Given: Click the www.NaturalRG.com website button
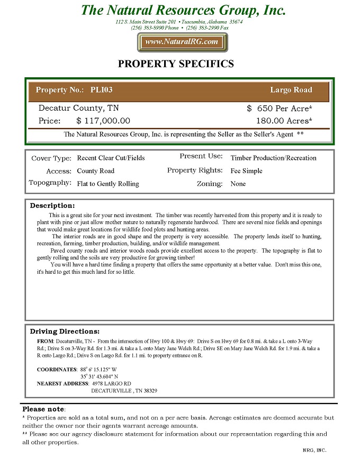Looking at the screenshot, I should [x=182, y=42].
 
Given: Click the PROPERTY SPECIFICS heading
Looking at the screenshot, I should [x=175, y=64].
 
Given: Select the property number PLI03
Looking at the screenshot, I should [x=102, y=90].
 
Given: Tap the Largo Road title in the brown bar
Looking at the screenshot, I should [x=291, y=90].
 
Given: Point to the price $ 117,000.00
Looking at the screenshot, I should [x=103, y=121].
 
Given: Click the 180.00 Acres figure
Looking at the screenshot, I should [x=284, y=121].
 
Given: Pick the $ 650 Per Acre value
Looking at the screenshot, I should [x=280, y=109].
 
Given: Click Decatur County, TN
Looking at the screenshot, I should [x=78, y=109].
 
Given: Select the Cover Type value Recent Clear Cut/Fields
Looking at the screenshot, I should [x=111, y=158].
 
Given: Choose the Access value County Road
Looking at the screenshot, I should [x=95, y=171].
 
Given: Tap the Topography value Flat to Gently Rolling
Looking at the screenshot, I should [x=108, y=184].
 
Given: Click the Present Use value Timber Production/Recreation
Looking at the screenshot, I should [x=273, y=158].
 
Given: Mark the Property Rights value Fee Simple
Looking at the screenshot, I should [x=246, y=171].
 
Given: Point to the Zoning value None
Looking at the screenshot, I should [x=238, y=184].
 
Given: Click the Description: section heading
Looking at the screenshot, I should [x=52, y=205].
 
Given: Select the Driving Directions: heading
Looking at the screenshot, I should [x=65, y=331].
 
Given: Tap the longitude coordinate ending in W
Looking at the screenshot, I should [x=99, y=369].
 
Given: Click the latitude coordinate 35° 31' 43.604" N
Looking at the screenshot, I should [x=103, y=377].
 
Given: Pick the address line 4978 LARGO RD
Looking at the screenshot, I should [x=111, y=383].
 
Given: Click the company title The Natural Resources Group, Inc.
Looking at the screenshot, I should [x=183, y=10].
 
